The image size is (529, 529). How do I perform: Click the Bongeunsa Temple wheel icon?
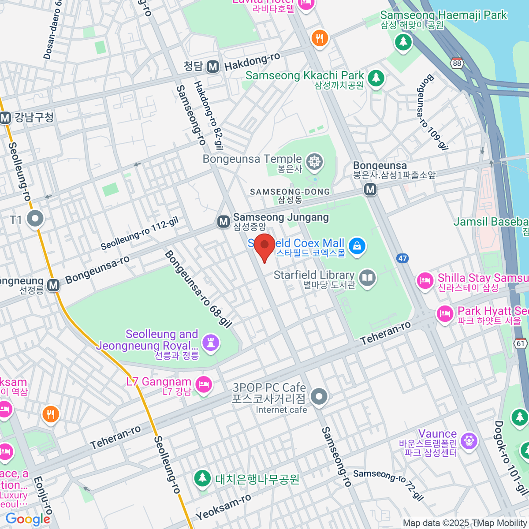(x=315, y=162)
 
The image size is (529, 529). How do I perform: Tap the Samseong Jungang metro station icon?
(x=224, y=222)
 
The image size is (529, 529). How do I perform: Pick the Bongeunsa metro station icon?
(x=370, y=190)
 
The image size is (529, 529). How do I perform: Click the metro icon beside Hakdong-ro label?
(x=213, y=67)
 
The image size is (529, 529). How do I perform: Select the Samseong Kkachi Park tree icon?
(x=376, y=78)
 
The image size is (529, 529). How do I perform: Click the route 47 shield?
(x=402, y=258)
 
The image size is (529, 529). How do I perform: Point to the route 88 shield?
(x=457, y=63)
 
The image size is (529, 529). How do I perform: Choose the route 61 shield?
(x=521, y=343)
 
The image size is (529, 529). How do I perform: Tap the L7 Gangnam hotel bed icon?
(x=204, y=384)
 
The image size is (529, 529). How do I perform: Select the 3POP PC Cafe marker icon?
(x=319, y=396)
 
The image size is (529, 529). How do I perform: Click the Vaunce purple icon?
(x=468, y=440)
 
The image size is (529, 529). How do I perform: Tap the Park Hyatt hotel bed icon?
(x=445, y=314)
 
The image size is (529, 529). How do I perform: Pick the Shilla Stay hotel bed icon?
(x=425, y=280)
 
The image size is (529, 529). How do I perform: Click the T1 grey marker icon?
(x=35, y=218)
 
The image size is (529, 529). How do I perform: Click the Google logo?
(x=28, y=519)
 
